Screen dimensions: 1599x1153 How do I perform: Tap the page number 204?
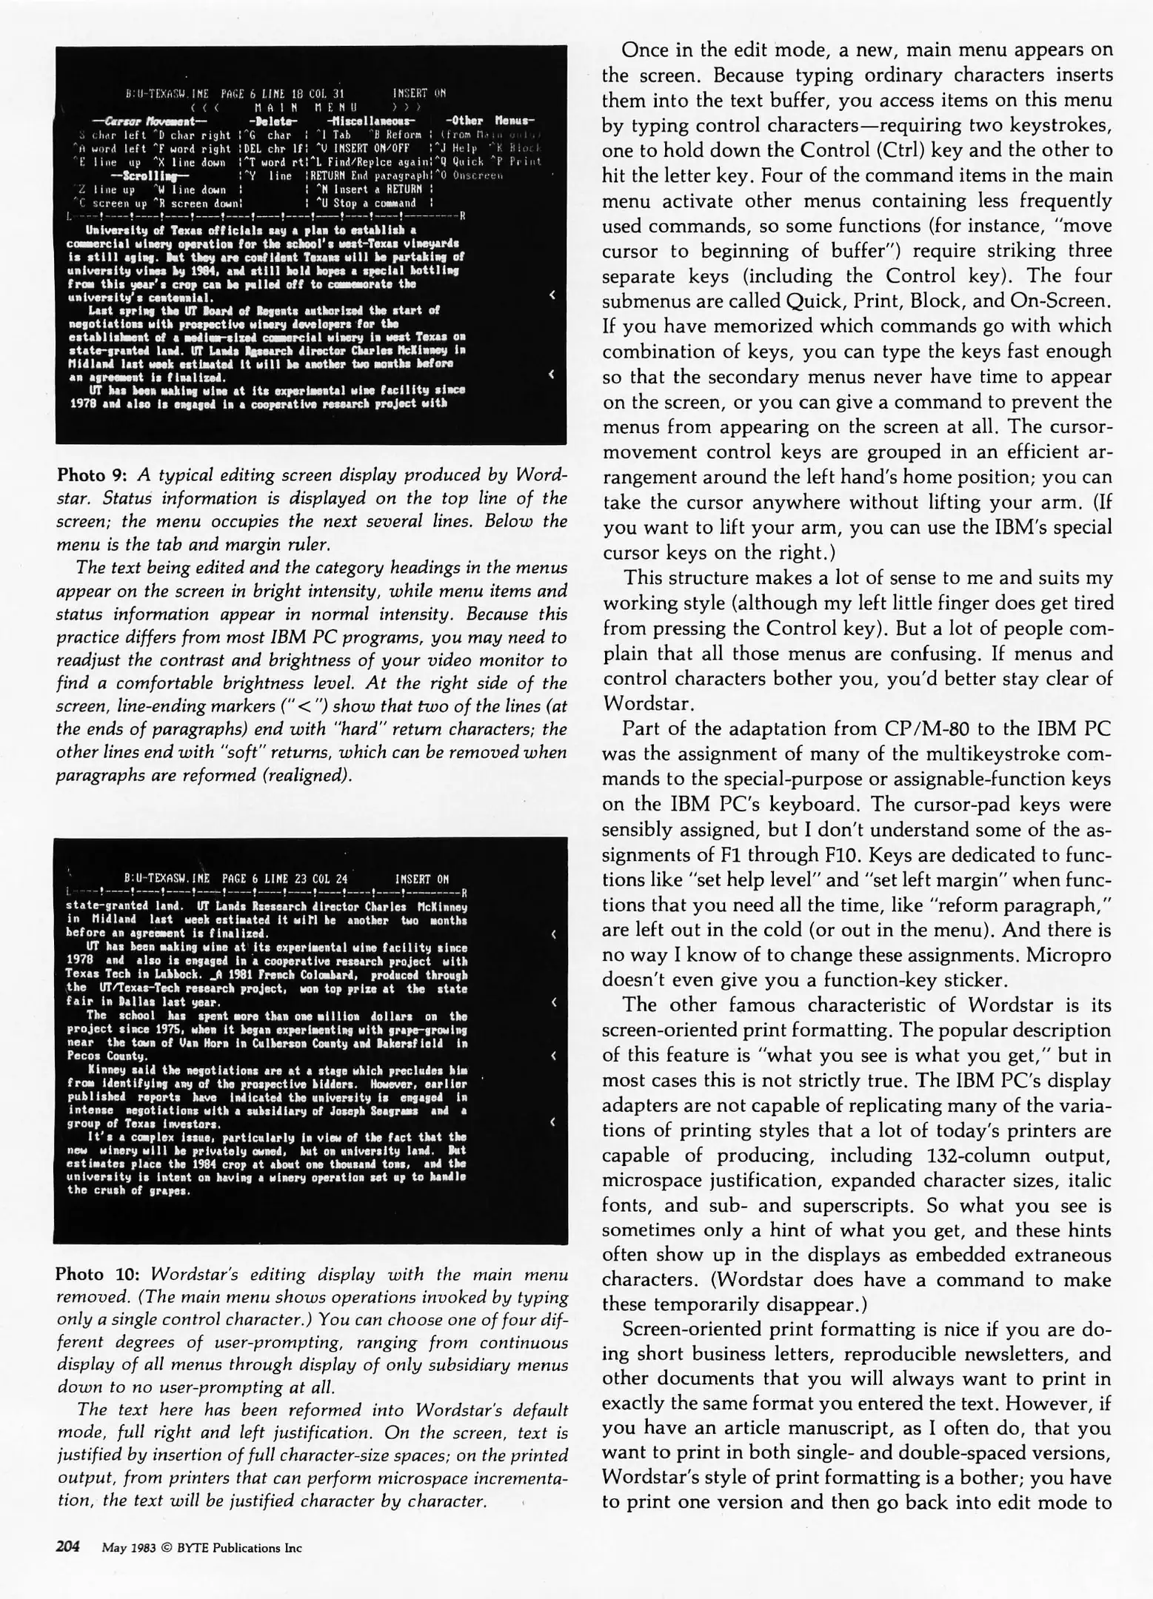(68, 1547)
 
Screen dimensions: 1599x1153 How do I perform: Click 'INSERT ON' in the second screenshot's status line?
(422, 879)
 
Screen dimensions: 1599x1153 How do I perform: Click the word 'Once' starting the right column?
(646, 50)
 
